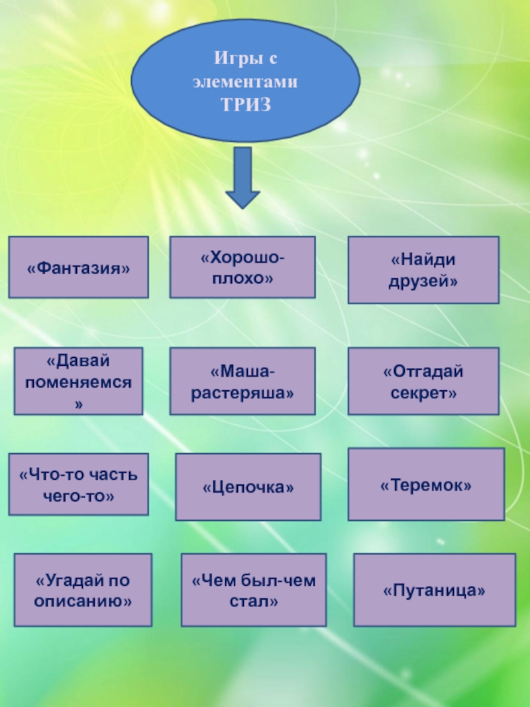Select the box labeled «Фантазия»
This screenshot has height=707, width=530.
point(78,267)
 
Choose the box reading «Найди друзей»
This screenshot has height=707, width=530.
point(423,270)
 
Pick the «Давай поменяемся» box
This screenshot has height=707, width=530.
point(78,381)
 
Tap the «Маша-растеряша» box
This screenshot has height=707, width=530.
point(242,381)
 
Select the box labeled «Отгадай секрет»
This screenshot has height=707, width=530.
point(423,381)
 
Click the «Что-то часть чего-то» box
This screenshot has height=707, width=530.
point(78,484)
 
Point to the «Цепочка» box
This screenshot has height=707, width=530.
point(248,486)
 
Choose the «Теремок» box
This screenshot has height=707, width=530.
point(425,484)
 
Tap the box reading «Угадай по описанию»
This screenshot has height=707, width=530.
point(83,590)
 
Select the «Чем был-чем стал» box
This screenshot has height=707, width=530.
point(253,590)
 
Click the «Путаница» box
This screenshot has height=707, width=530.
point(434,590)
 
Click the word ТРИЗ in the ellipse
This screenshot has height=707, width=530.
point(246,105)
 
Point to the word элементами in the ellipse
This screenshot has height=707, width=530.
point(246,83)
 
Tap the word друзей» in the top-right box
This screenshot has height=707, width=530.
point(423,281)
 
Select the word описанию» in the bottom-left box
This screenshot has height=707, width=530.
point(83,601)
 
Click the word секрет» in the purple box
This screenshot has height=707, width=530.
point(423,392)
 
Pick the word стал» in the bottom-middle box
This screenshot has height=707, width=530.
point(253,602)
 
